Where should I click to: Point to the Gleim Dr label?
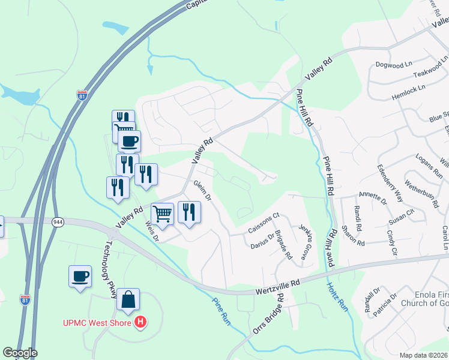(202, 190)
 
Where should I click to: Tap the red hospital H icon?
(140, 323)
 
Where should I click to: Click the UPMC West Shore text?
(98, 323)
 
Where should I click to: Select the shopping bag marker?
(128, 299)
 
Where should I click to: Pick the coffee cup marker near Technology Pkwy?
(80, 277)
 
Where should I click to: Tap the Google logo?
(20, 353)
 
